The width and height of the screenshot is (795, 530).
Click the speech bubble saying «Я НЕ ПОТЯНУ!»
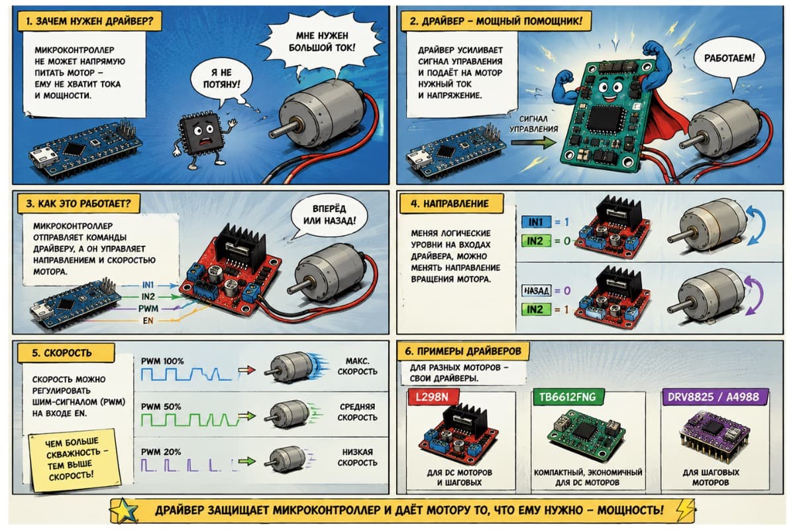[x=221, y=80]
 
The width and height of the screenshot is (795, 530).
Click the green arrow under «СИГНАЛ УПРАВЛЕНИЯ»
[x=533, y=142]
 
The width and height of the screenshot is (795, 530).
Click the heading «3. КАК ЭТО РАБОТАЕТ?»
[x=78, y=203]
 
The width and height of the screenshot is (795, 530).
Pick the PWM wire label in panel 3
[x=148, y=309]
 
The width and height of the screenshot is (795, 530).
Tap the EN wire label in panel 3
[x=148, y=321]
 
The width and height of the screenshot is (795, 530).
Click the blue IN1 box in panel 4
[x=536, y=222]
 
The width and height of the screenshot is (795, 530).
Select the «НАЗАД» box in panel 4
[x=536, y=291]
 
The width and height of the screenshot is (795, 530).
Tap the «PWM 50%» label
[x=161, y=407]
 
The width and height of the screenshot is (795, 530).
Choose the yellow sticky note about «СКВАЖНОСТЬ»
[x=74, y=460]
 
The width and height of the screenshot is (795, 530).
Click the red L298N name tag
[x=432, y=397]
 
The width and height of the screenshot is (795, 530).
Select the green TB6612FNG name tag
[x=567, y=397]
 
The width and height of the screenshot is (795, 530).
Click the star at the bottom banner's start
[x=125, y=511]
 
